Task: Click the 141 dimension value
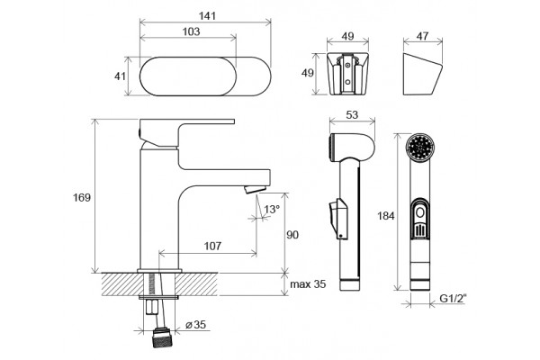tap(207, 16)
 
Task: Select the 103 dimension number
tap(191, 31)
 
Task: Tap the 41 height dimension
tap(120, 76)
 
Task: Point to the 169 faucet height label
tap(82, 198)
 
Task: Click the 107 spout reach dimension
tap(212, 246)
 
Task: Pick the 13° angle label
tap(272, 209)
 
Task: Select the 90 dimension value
tap(292, 235)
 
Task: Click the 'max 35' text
tap(308, 284)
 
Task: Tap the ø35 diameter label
tap(195, 325)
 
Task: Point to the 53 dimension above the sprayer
tap(352, 115)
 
